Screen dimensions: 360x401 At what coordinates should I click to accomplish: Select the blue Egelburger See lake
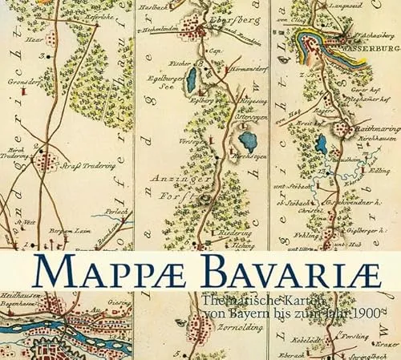[192, 80]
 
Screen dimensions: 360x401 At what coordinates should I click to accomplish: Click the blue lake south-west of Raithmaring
[322, 144]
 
